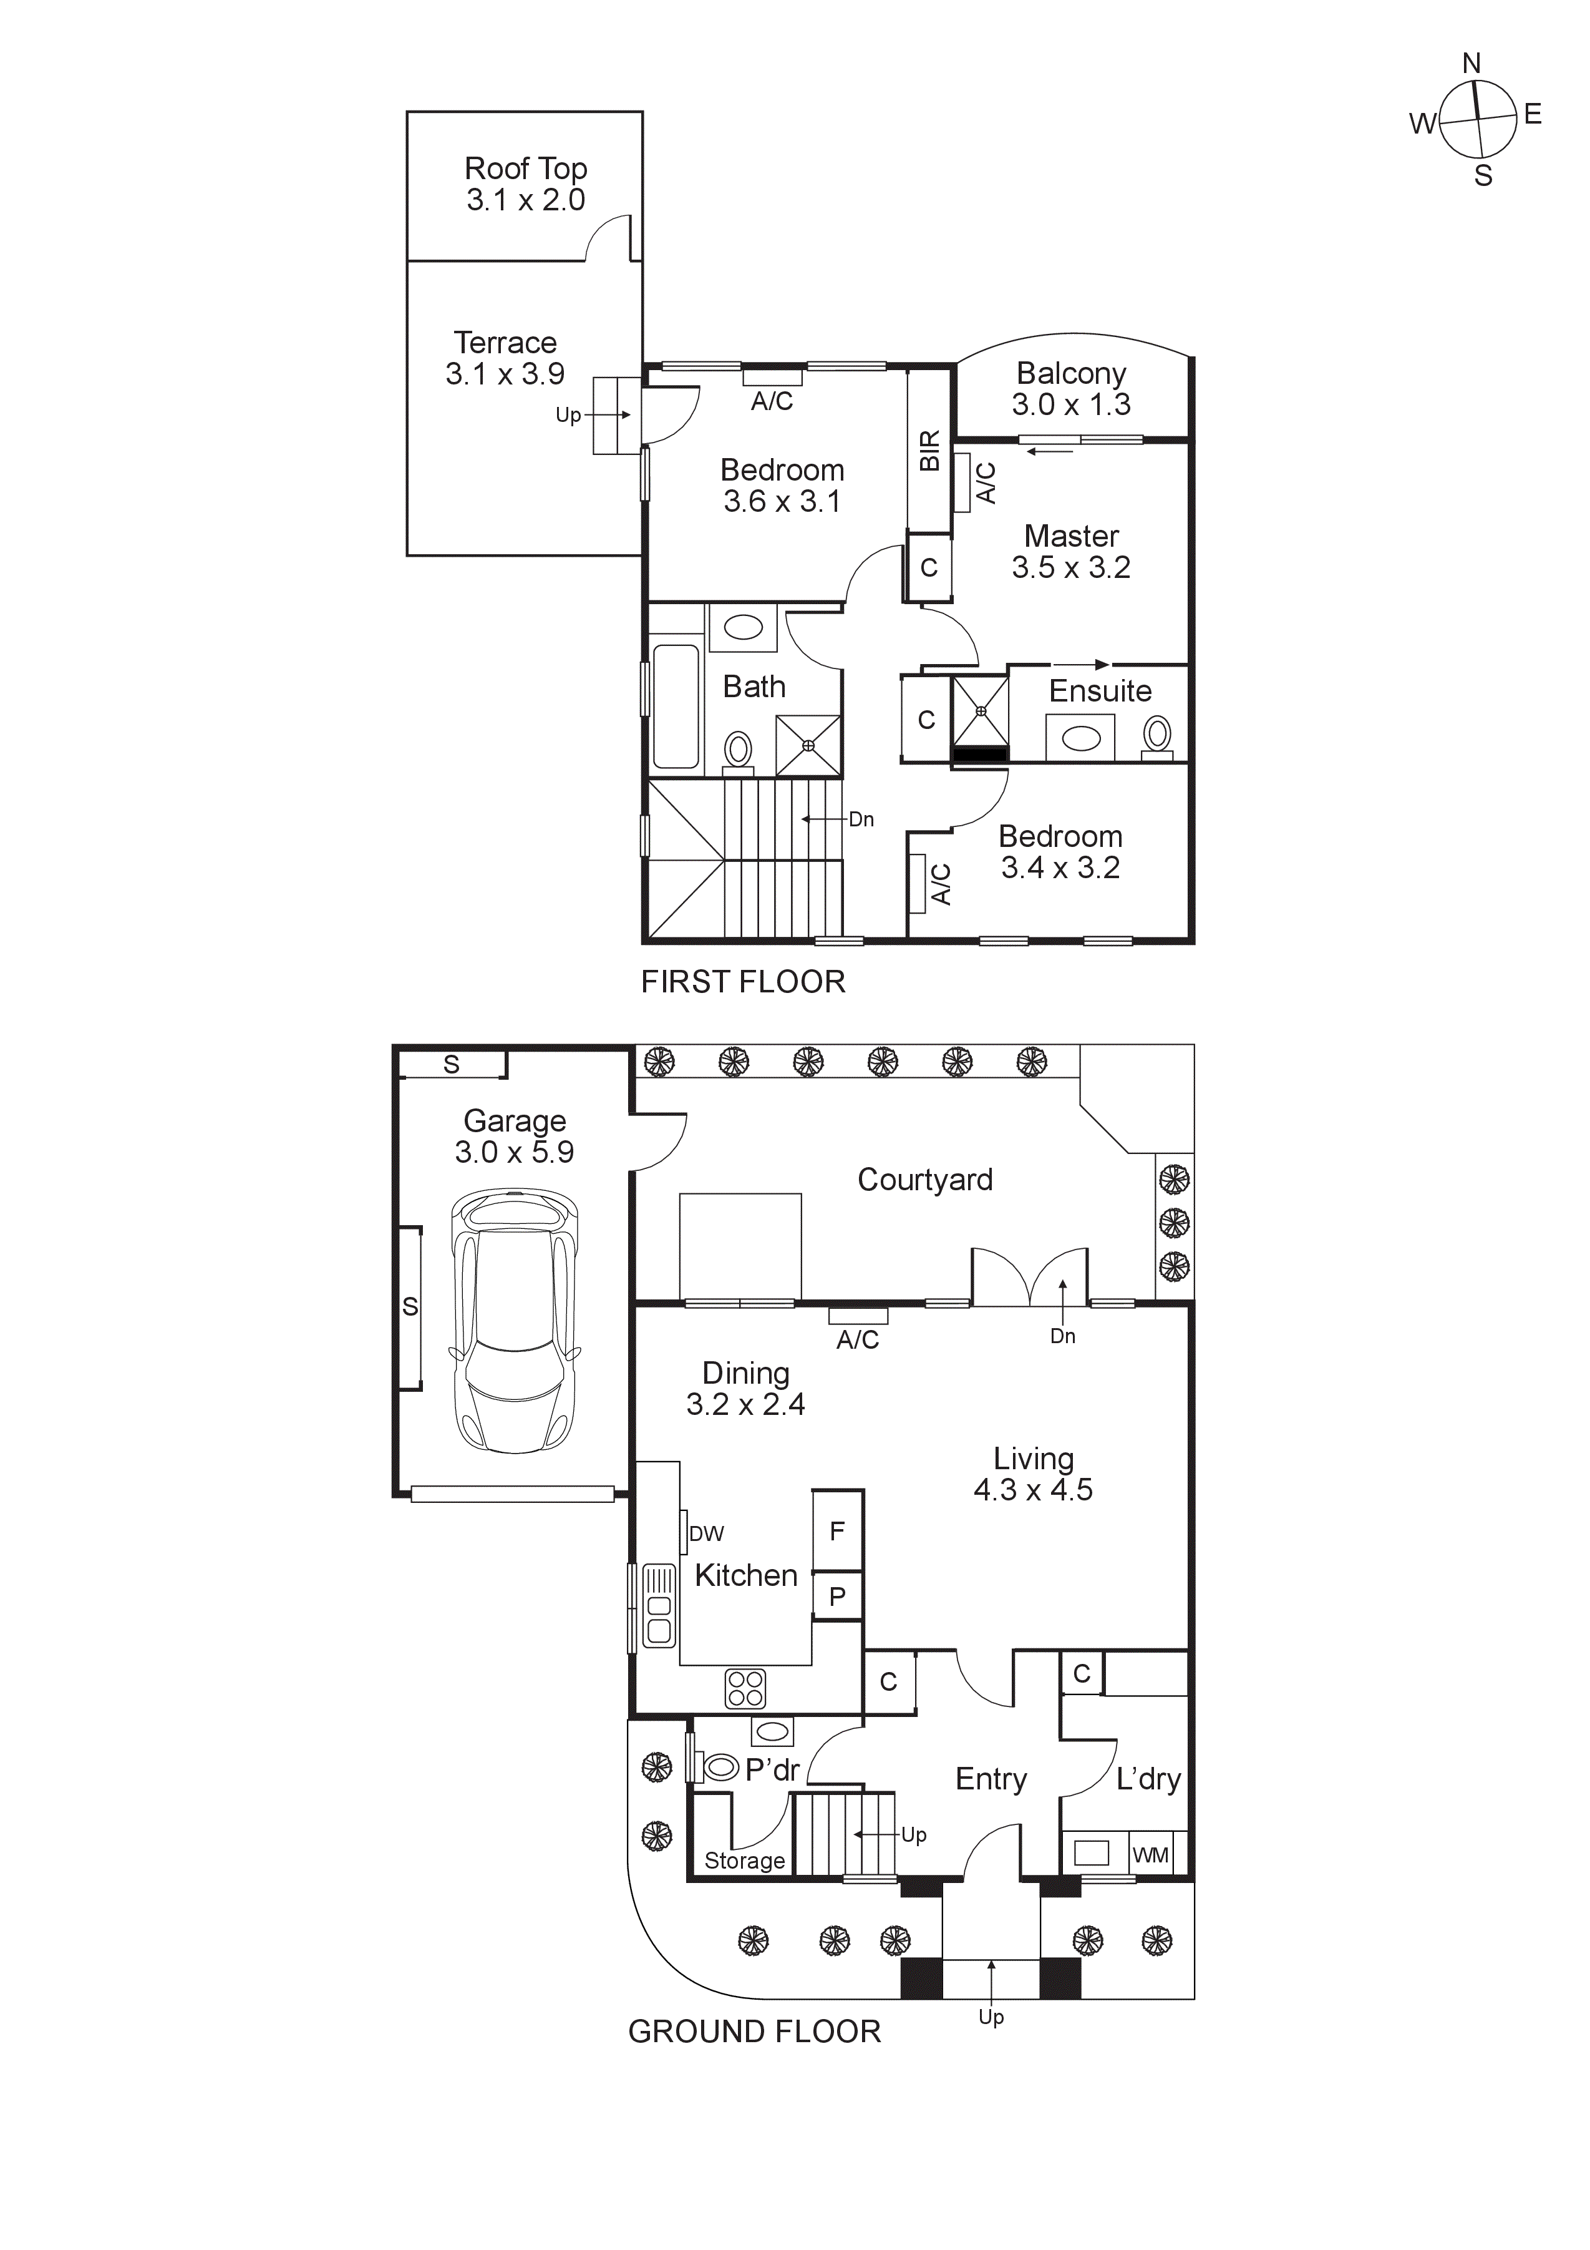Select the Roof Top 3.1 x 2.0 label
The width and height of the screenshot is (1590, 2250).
coord(525,184)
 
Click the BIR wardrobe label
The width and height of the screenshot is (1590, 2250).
coord(929,450)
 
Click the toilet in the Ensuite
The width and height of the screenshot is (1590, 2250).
coord(1158,734)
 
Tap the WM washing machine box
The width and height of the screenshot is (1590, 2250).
coord(1150,1855)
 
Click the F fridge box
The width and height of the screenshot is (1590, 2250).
coord(838,1531)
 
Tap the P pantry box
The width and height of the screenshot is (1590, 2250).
coord(838,1597)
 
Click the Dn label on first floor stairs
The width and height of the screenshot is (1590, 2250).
coord(861,819)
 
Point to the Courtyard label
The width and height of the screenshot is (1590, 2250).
coord(925,1180)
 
